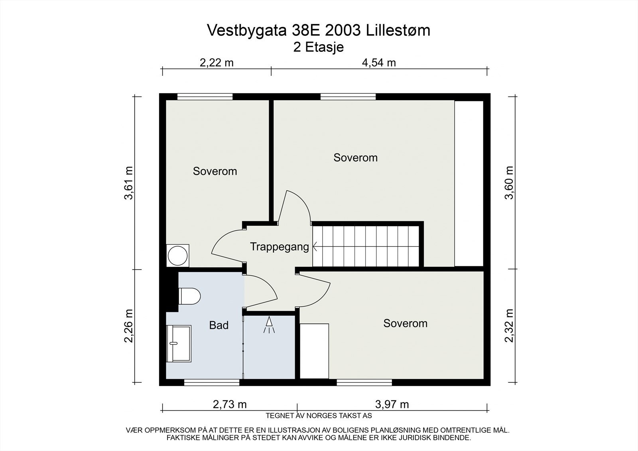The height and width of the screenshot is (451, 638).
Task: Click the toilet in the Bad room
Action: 190,296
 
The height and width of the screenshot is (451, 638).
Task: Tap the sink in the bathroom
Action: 179,344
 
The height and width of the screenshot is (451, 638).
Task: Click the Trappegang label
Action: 280,247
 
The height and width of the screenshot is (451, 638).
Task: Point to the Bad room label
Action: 219,325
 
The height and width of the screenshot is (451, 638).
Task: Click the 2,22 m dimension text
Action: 217,63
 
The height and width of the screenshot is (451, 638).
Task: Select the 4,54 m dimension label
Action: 379,63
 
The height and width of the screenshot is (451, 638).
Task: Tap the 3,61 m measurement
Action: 129,183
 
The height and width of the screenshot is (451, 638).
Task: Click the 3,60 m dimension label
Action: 509,183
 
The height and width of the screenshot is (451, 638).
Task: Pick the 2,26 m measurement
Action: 129,326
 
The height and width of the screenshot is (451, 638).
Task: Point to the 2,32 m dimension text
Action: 509,325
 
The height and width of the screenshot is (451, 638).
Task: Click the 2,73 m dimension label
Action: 230,404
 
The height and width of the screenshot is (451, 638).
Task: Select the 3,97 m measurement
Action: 392,404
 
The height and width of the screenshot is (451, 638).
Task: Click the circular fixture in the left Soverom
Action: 178,255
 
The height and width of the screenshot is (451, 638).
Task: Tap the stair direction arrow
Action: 315,246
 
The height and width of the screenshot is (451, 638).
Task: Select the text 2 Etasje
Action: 319,47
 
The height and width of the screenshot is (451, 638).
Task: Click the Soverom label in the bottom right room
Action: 405,323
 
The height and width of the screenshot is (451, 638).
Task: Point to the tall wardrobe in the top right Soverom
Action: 469,183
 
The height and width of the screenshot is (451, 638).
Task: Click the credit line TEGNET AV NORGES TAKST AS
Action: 319,416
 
